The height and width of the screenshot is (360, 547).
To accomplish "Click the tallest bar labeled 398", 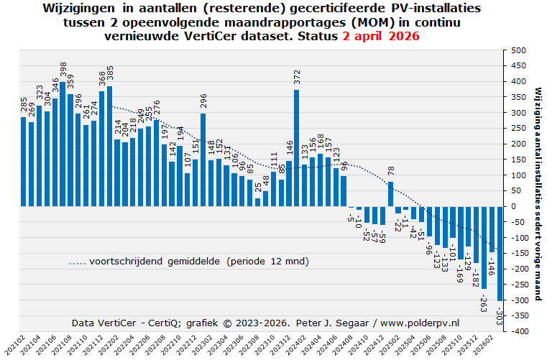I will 63,144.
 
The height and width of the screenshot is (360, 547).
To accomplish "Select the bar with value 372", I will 297,148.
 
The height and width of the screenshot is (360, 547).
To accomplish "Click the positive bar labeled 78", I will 390,194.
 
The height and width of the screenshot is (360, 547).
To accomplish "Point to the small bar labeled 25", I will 258,203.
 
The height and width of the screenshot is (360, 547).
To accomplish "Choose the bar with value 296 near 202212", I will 203,160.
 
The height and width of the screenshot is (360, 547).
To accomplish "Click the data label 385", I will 110,73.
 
